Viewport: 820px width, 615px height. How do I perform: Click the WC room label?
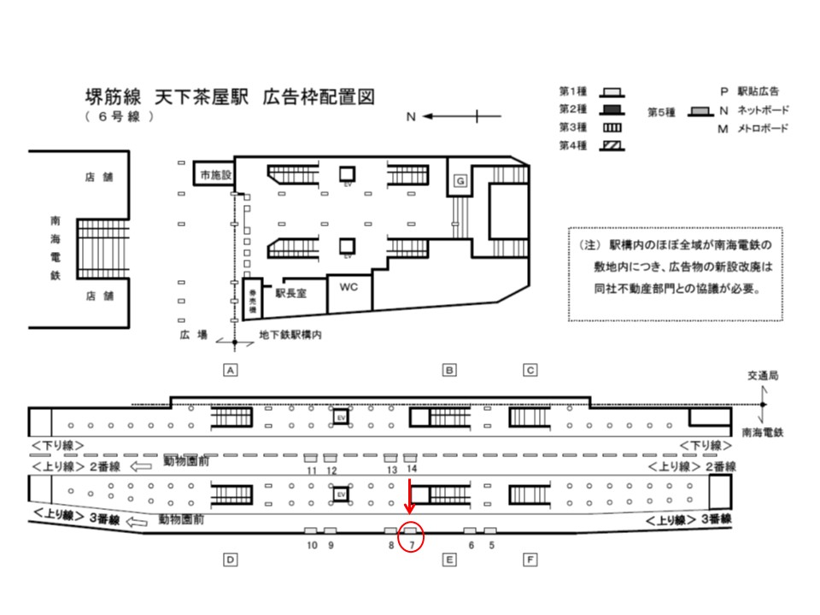pos(348,287)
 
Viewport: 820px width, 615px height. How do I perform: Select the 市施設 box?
pos(215,174)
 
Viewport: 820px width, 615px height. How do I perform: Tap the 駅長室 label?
pos(291,292)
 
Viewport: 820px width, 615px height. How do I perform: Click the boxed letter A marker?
pos(229,370)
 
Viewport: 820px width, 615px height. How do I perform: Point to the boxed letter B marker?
pos(448,370)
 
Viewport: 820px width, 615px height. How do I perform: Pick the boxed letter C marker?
pos(530,370)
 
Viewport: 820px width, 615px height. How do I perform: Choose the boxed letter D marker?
pos(229,560)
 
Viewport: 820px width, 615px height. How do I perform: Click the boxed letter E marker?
pos(448,560)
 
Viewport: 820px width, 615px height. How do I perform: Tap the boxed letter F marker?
pos(530,560)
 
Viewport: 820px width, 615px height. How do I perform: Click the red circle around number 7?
pos(413,537)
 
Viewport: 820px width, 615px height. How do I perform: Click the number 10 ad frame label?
pos(311,545)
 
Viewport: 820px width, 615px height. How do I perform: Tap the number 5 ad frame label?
pos(490,545)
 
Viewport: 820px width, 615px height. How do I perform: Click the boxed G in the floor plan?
pos(460,181)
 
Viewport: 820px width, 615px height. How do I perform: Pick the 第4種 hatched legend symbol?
pos(611,145)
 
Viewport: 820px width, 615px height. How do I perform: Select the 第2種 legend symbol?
pos(611,109)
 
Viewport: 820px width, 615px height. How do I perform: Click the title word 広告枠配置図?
pos(319,95)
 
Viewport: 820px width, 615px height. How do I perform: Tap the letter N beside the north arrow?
pos(410,117)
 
